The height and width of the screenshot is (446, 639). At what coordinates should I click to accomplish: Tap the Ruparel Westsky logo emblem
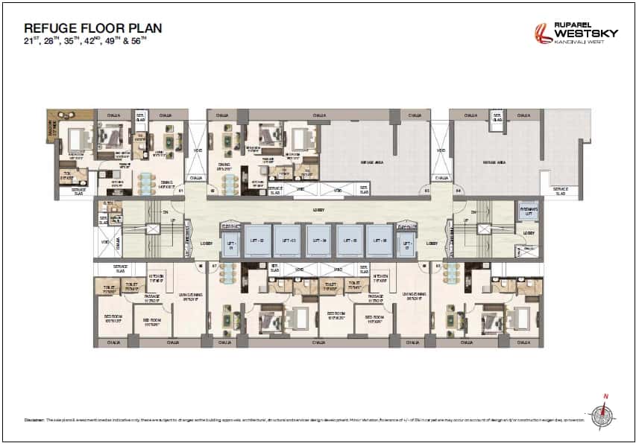[x=542, y=34]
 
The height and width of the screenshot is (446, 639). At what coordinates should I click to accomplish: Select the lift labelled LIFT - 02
[x=257, y=240]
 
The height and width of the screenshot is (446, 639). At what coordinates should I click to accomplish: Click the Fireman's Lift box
[x=528, y=211]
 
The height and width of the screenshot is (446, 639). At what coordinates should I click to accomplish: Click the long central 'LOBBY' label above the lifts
[x=319, y=211]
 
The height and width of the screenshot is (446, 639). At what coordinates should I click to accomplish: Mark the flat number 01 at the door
[x=181, y=191]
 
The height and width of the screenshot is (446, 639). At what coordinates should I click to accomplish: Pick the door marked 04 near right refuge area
[x=458, y=191]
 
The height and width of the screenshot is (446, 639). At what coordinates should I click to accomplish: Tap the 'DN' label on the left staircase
[x=166, y=210]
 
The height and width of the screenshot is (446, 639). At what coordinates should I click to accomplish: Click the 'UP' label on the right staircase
[x=465, y=220]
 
